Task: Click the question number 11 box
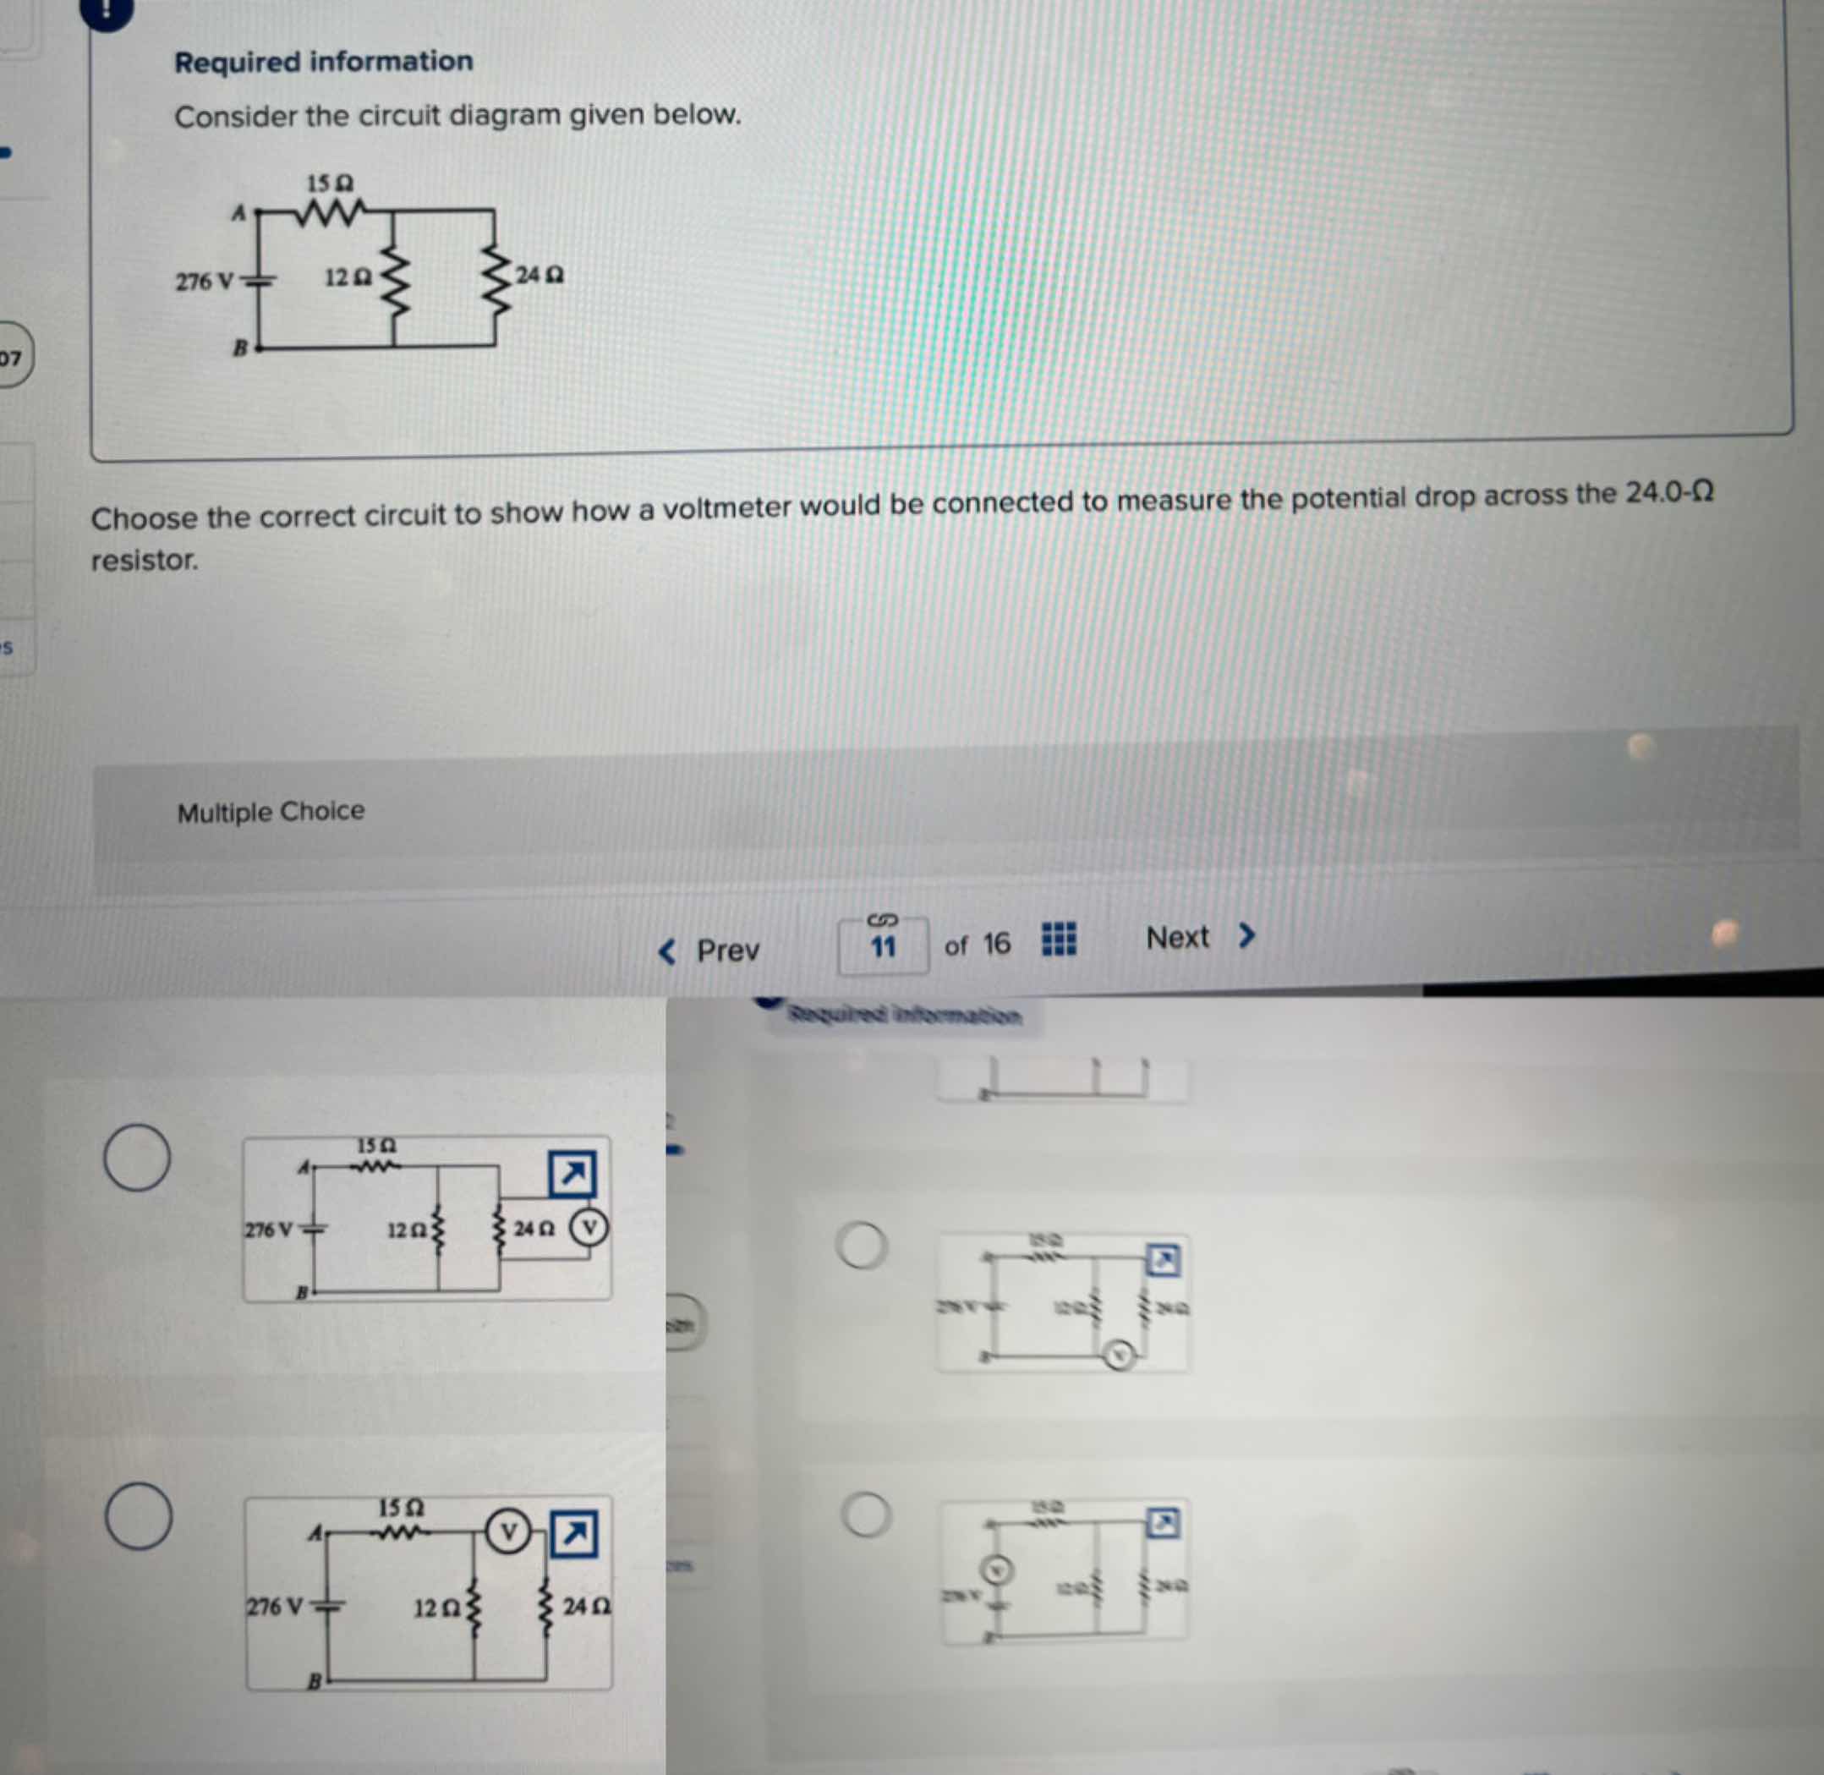883,947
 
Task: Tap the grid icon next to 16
1058,939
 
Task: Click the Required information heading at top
323,63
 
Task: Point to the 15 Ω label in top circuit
330,183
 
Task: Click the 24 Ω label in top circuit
540,275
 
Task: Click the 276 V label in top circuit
204,281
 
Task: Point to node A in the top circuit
239,213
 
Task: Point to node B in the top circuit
240,348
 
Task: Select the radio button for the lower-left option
138,1517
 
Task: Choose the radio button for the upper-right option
861,1246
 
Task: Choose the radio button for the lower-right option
866,1515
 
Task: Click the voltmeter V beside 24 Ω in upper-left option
588,1227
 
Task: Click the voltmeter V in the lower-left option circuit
508,1531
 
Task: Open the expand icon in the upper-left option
572,1174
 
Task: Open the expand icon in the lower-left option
574,1533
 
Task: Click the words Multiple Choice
271,812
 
